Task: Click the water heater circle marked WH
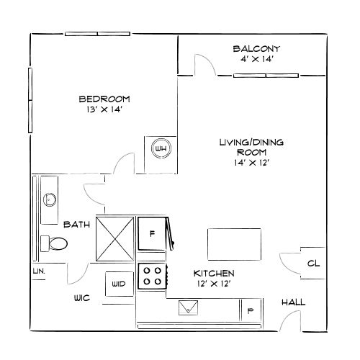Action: (x=161, y=148)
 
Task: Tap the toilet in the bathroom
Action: (x=54, y=243)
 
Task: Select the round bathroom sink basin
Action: (x=50, y=199)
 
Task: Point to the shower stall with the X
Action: (x=115, y=239)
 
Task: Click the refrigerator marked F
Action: (x=152, y=233)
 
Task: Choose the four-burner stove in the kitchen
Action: (x=152, y=276)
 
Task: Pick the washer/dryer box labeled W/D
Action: (x=120, y=284)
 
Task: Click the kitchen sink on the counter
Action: (x=189, y=307)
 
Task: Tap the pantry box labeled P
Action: (x=251, y=310)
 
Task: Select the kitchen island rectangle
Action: (x=234, y=244)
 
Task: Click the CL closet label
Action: (x=313, y=264)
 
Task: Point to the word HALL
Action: (x=293, y=302)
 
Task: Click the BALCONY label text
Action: (x=256, y=49)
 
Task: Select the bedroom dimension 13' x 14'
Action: (x=104, y=109)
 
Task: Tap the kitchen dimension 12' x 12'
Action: (x=214, y=284)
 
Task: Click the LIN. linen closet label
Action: (x=39, y=271)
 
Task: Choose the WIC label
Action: (x=82, y=298)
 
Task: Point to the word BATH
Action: (x=76, y=225)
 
